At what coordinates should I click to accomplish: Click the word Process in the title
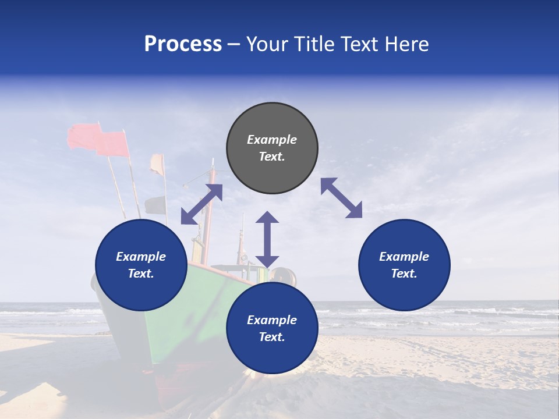pyautogui.click(x=183, y=44)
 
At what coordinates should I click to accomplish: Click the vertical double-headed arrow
pyautogui.click(x=267, y=239)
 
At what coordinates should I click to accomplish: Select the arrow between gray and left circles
pyautogui.click(x=201, y=204)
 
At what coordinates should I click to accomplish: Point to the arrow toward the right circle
pyautogui.click(x=341, y=198)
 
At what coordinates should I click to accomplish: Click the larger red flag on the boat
pyautogui.click(x=112, y=144)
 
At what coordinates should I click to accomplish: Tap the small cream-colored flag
pyautogui.click(x=157, y=164)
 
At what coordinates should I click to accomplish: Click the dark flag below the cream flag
pyautogui.click(x=155, y=205)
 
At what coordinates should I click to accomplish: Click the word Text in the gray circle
pyautogui.click(x=272, y=157)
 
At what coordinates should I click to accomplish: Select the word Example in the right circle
pyautogui.click(x=404, y=257)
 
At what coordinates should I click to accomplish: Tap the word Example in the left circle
pyautogui.click(x=141, y=257)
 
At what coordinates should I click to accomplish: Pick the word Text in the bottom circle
pyautogui.click(x=272, y=337)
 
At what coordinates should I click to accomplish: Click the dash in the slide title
pyautogui.click(x=233, y=45)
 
